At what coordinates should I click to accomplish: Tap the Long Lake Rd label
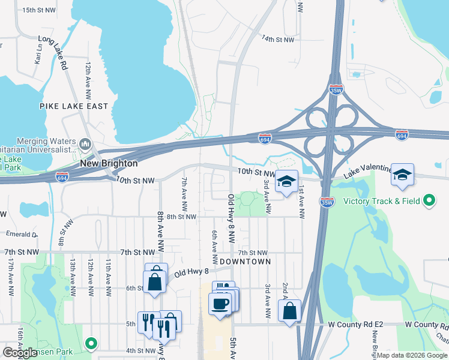52,53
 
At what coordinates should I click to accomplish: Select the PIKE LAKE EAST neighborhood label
74,106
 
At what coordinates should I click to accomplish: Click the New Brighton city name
109,163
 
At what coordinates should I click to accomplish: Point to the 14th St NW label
277,39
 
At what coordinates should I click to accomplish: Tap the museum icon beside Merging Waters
85,144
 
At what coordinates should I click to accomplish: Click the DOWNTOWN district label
245,262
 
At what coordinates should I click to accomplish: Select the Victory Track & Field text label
381,201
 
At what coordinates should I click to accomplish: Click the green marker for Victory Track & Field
429,200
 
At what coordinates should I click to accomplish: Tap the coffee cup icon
220,303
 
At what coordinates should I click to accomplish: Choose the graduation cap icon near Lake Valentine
402,175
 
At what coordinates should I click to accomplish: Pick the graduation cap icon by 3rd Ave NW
287,181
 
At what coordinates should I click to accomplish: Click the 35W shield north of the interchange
336,89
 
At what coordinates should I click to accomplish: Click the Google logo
20,353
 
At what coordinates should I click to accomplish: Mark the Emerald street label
22,235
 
